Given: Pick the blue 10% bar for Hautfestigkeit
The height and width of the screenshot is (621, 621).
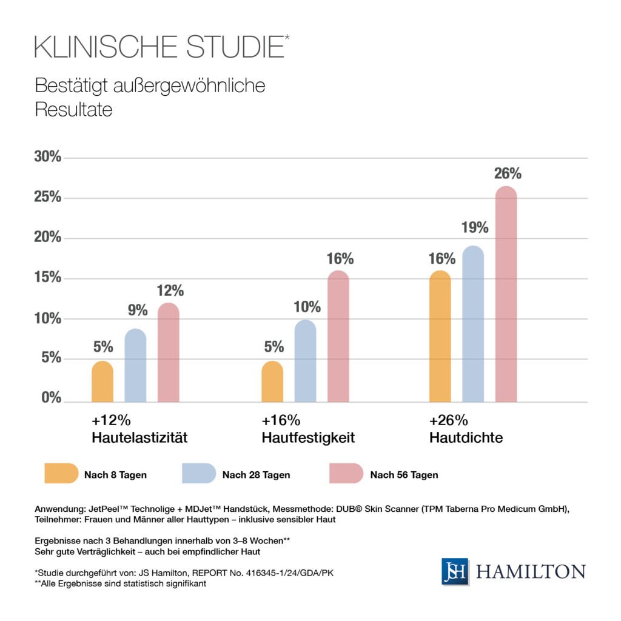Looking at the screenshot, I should (306, 361).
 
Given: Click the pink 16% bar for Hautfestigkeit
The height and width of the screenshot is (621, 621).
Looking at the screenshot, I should (338, 337).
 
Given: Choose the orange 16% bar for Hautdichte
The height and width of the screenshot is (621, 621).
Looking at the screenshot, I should (440, 337).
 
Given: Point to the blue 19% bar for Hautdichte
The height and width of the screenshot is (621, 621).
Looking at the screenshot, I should (473, 324).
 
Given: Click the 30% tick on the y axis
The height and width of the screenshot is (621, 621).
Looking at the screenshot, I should (47, 157).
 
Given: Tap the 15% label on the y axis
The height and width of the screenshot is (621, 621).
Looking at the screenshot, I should (47, 278).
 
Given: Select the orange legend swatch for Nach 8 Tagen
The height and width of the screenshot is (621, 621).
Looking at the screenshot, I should (61, 474).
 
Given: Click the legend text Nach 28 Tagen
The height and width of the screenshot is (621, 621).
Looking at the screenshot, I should (256, 475).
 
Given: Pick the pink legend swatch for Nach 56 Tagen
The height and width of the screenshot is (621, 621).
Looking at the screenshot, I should (346, 474).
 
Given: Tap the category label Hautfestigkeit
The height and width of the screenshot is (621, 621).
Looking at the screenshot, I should (308, 437).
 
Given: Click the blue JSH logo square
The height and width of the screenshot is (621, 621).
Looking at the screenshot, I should (455, 571).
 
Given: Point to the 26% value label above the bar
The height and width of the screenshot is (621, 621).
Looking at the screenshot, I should (508, 173).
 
